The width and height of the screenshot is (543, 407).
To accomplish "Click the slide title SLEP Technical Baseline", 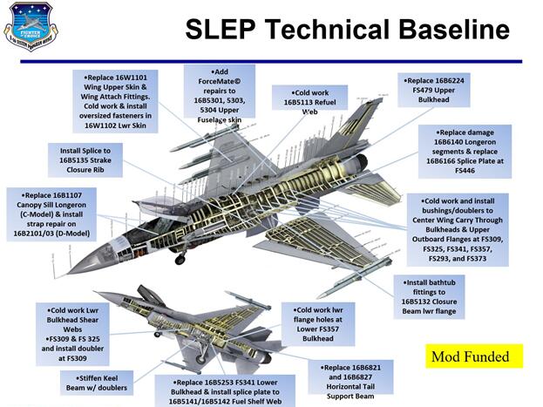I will [x=346, y=31].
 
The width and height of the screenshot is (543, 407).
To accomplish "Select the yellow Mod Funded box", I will [x=475, y=356].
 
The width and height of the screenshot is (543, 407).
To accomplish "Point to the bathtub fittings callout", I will [x=441, y=296].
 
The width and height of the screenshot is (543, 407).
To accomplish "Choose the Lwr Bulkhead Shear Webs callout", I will [x=73, y=331].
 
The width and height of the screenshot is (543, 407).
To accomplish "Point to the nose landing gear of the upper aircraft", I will [x=180, y=258].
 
